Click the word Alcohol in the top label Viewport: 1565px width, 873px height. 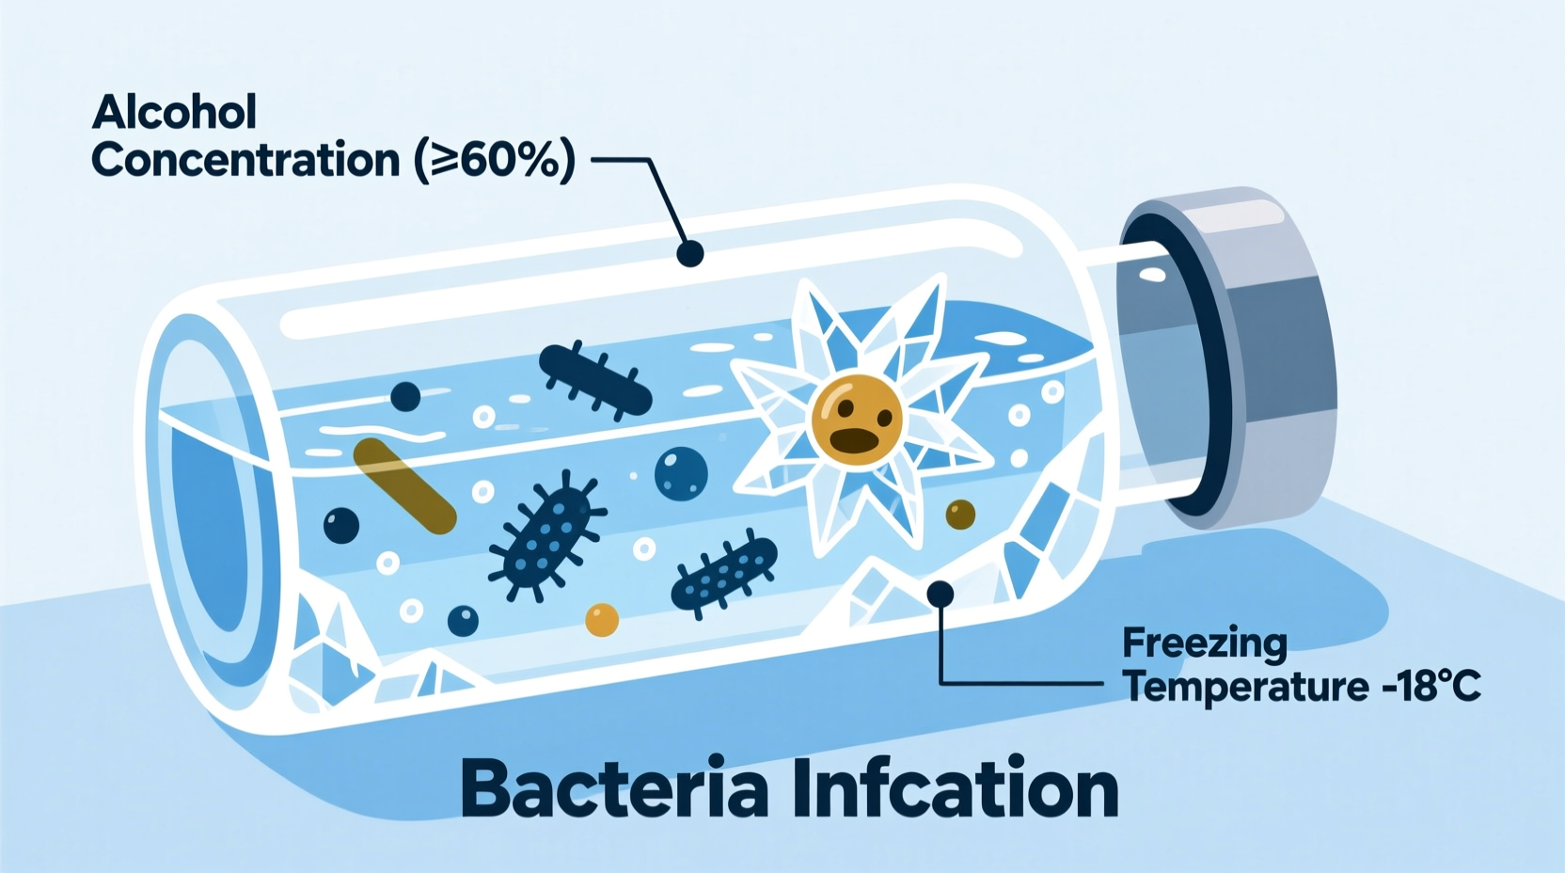tap(174, 113)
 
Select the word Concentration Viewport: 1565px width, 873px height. tap(245, 160)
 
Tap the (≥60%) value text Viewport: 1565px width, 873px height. tap(495, 160)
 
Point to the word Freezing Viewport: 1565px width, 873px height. tap(1205, 644)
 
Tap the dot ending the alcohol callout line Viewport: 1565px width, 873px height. tap(690, 253)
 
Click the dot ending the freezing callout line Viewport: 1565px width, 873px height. tap(941, 593)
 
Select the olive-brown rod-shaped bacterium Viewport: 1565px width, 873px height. tap(404, 485)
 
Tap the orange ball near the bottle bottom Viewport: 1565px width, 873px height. tap(602, 620)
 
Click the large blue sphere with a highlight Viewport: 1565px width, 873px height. tap(681, 473)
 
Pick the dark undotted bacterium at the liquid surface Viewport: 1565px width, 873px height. tap(594, 379)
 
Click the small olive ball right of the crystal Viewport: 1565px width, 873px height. tap(960, 514)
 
